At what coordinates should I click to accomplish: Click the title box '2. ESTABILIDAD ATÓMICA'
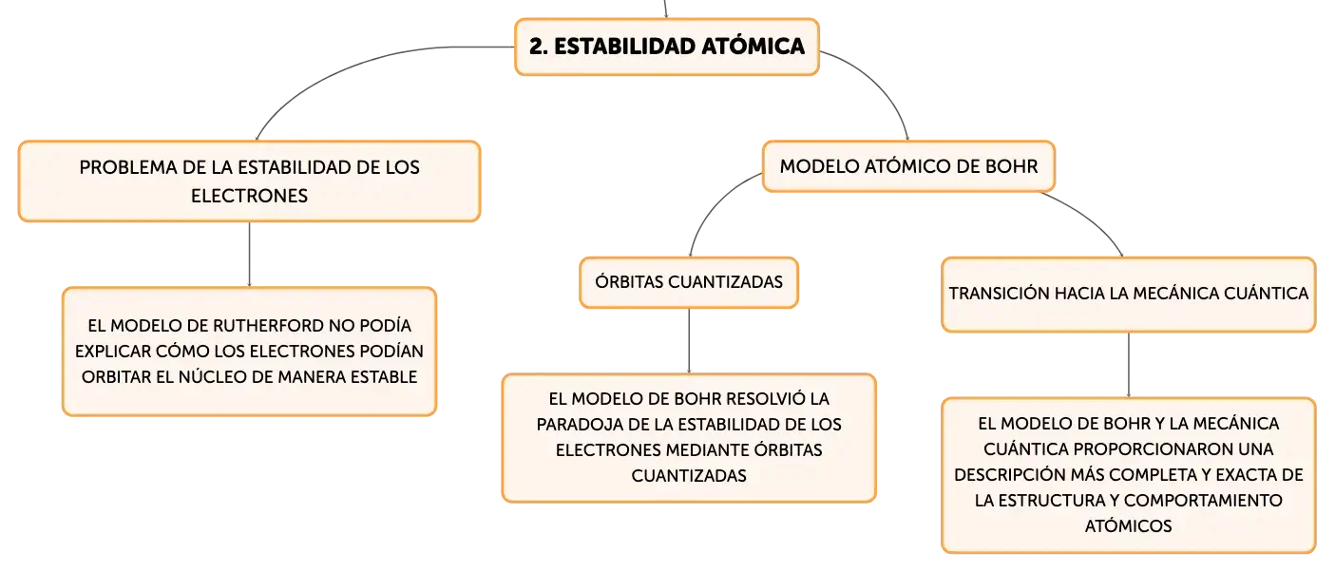[667, 47]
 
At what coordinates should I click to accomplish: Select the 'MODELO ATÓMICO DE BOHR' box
[908, 166]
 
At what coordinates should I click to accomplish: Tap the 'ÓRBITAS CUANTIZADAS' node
[688, 282]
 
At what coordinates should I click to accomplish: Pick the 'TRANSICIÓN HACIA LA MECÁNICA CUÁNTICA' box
[1128, 295]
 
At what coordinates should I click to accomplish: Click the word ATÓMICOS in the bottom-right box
[1128, 526]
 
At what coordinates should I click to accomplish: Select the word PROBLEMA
[127, 167]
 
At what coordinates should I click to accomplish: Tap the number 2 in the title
[536, 47]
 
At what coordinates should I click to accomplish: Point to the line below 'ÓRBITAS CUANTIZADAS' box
[689, 341]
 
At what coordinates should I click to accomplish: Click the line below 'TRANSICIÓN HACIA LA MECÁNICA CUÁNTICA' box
[1128, 365]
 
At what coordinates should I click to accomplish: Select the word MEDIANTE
[676, 450]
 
